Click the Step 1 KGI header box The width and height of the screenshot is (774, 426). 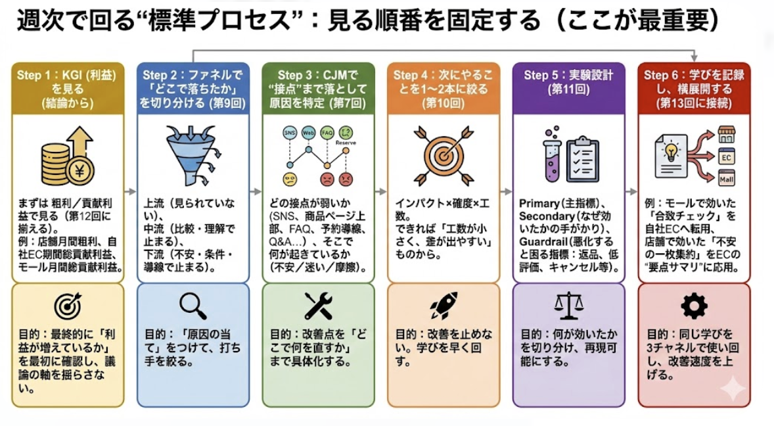tap(68, 87)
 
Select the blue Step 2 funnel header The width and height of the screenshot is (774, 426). tap(193, 87)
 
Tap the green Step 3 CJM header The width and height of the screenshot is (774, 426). tap(318, 87)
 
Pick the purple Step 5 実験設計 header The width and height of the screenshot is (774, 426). tap(568, 82)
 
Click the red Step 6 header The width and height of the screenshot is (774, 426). tap(694, 87)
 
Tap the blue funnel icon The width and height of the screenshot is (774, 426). tap(189, 156)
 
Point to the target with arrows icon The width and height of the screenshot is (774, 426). tap(444, 156)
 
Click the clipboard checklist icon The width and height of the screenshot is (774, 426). tap(582, 158)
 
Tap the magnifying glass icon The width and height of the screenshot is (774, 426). tap(193, 306)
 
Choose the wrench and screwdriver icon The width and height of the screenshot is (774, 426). tap(318, 306)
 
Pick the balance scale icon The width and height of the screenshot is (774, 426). tap(568, 306)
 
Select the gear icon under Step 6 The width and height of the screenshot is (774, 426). tap(694, 306)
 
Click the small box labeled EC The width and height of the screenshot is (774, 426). tap(727, 158)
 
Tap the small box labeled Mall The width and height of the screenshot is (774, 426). tap(727, 177)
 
